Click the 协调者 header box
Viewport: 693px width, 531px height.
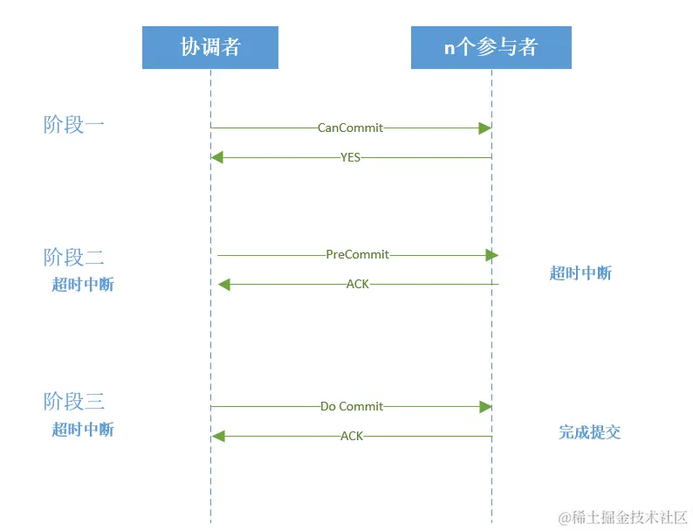pyautogui.click(x=210, y=47)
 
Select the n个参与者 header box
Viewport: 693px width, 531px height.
pyautogui.click(x=491, y=47)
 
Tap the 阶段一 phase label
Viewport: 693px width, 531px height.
pyautogui.click(x=74, y=125)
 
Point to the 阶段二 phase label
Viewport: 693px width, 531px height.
pyautogui.click(x=74, y=257)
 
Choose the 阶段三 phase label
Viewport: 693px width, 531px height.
pyautogui.click(x=74, y=401)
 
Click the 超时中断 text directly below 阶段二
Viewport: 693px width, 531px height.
pyautogui.click(x=83, y=285)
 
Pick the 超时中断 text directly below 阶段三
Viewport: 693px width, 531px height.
pyautogui.click(x=83, y=429)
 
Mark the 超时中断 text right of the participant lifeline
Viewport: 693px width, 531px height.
pyautogui.click(x=580, y=273)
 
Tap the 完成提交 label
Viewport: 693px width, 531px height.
pyautogui.click(x=590, y=432)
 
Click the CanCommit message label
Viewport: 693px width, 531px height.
pyautogui.click(x=351, y=128)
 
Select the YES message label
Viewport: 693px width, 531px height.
pyautogui.click(x=351, y=157)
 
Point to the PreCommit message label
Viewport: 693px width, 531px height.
pyautogui.click(x=358, y=255)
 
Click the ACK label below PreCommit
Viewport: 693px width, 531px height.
pyautogui.click(x=358, y=284)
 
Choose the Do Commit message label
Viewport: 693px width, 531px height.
pyautogui.click(x=352, y=406)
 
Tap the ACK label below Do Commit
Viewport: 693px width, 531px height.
pyautogui.click(x=352, y=436)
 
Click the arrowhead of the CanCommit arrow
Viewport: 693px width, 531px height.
pyautogui.click(x=484, y=128)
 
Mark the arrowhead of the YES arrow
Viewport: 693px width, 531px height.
pyautogui.click(x=217, y=157)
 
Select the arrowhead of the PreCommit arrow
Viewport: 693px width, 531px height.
pyautogui.click(x=492, y=255)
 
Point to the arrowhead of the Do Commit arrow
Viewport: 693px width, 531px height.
pyautogui.click(x=486, y=407)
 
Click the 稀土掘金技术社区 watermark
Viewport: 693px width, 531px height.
pyautogui.click(x=623, y=517)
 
